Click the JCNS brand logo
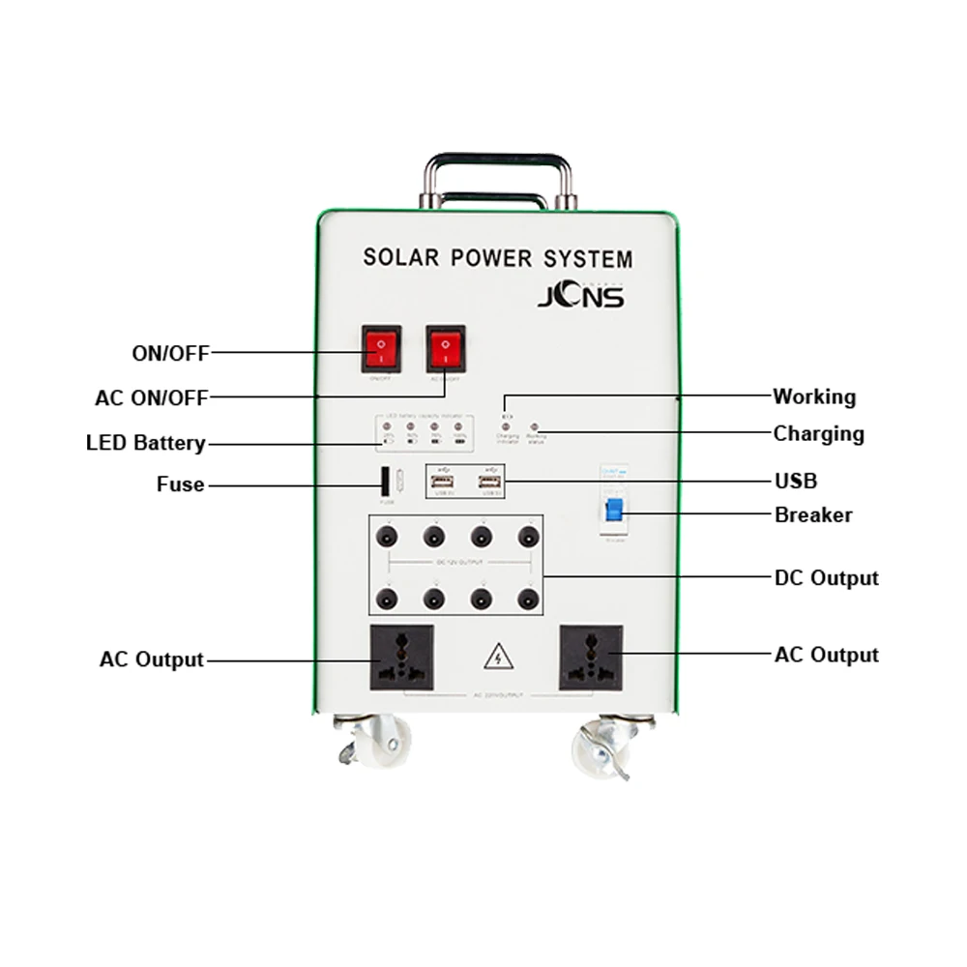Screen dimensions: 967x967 580,294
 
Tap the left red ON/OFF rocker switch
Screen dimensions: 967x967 381,349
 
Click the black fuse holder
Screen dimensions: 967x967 385,481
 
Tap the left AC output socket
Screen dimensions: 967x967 401,658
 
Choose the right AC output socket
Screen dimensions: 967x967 591,658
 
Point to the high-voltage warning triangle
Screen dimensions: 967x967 497,658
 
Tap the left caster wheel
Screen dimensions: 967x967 379,742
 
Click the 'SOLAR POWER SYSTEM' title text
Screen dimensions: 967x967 497,258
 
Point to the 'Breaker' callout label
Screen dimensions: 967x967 813,514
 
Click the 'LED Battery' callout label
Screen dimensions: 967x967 146,443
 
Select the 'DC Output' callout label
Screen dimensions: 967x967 826,578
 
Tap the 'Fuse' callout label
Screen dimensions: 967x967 180,483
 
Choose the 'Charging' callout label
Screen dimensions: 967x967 818,433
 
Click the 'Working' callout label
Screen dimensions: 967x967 813,396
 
